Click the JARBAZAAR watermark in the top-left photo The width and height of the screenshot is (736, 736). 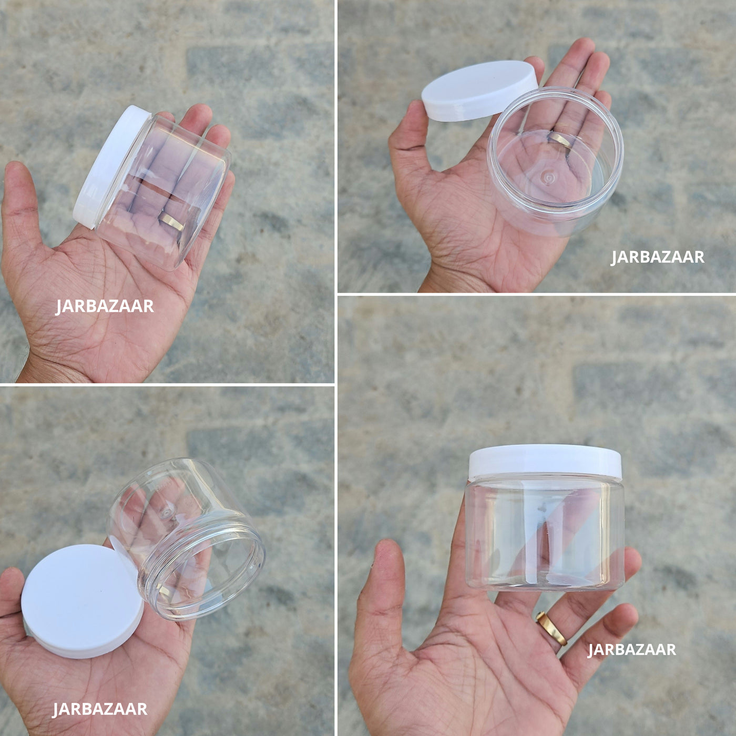tap(105, 306)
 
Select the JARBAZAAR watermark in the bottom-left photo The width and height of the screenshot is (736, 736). tap(100, 709)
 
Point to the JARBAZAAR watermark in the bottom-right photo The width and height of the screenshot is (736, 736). tap(632, 650)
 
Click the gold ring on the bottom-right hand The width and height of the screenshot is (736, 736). tap(551, 629)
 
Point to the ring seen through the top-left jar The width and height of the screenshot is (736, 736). tap(171, 222)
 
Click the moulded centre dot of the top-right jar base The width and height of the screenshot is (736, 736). tap(548, 178)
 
